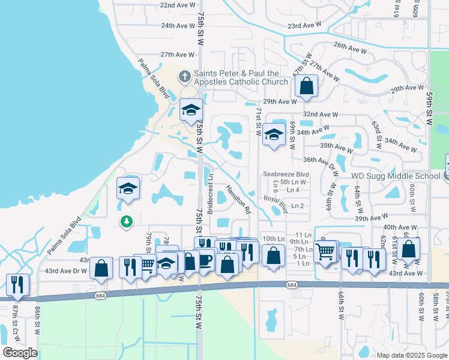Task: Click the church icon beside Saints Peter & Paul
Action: [x=184, y=77]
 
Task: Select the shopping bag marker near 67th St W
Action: [x=306, y=86]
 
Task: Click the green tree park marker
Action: [x=126, y=222]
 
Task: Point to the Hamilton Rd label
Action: [x=238, y=199]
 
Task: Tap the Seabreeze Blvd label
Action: [x=286, y=174]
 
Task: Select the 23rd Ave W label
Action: [x=305, y=26]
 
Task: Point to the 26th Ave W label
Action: [x=350, y=46]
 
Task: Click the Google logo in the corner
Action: [x=20, y=353]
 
